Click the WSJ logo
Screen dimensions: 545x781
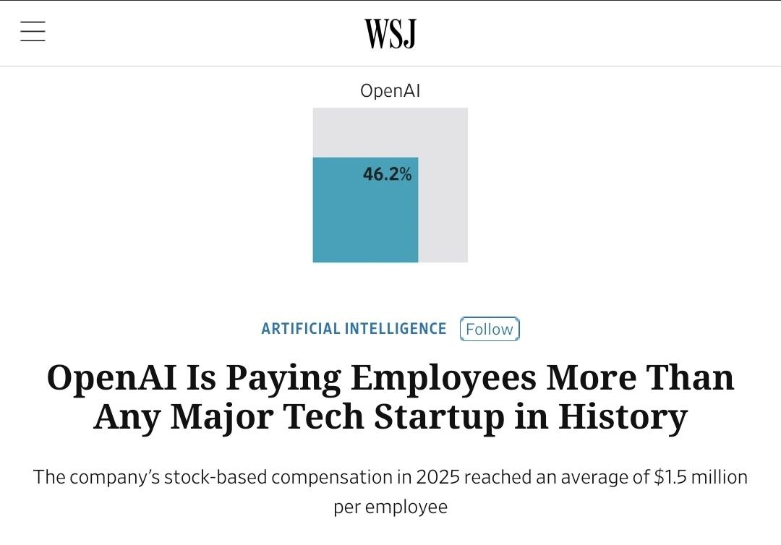pos(390,33)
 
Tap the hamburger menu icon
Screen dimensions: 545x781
pos(33,32)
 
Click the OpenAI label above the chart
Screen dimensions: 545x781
pos(390,91)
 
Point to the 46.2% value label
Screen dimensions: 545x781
pos(388,174)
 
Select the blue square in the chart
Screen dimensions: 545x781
pos(365,217)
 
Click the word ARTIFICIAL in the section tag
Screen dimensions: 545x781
pos(300,329)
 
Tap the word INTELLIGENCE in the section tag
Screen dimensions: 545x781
pos(396,329)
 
